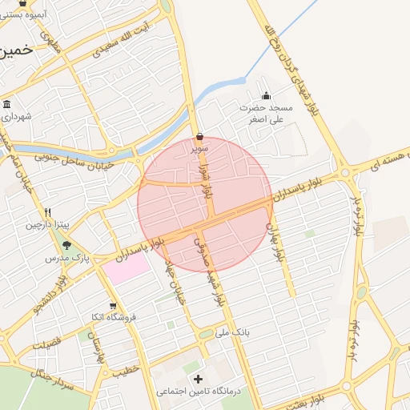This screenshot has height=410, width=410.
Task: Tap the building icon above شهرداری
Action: [7, 104]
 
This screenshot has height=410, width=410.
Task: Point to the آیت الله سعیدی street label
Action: [122, 45]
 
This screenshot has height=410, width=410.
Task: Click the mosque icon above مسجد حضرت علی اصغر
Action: [266, 96]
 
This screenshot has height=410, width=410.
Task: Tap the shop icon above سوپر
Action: [199, 137]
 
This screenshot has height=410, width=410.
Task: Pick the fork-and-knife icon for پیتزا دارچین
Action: [47, 213]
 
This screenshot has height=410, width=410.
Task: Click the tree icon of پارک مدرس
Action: [66, 246]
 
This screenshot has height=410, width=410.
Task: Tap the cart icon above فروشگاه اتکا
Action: [113, 305]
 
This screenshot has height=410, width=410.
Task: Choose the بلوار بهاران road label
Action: [277, 239]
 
